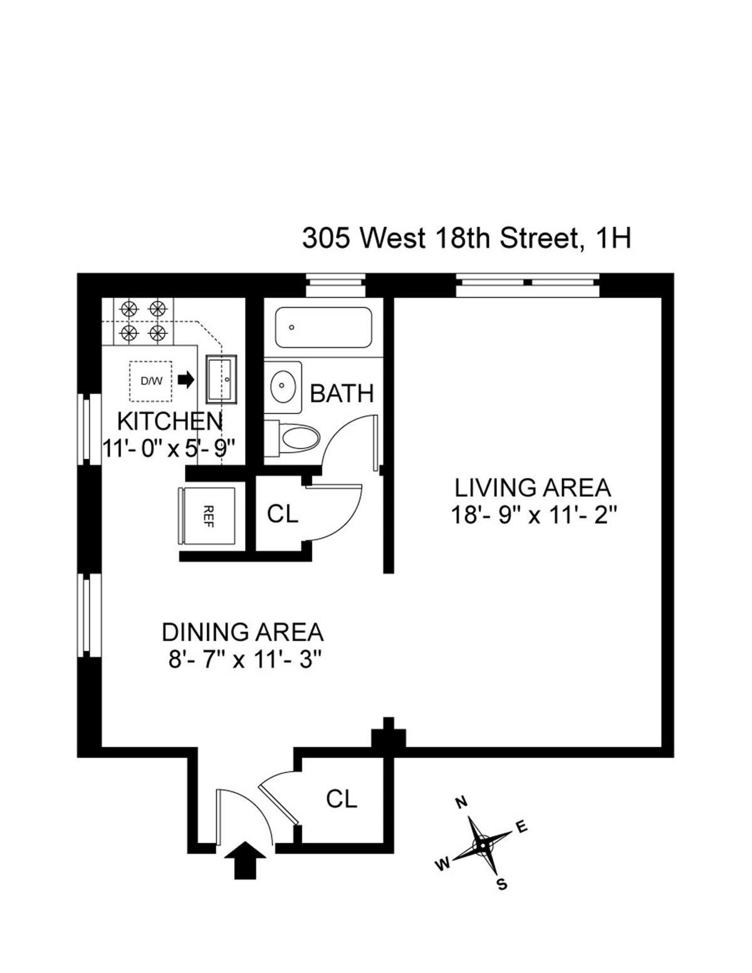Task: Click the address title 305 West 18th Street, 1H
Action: click(x=466, y=238)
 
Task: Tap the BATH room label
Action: click(x=342, y=393)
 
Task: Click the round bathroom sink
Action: click(x=285, y=387)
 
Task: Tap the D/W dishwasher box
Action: click(x=150, y=380)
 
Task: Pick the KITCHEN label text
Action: click(x=169, y=421)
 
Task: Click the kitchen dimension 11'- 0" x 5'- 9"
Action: click(x=169, y=449)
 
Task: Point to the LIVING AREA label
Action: click(x=532, y=487)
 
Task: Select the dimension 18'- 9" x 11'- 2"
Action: click(x=534, y=516)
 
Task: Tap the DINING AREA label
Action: click(x=243, y=632)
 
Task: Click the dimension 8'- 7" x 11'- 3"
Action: click(x=244, y=660)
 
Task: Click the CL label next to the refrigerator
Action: click(x=282, y=514)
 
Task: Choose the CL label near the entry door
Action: click(x=342, y=799)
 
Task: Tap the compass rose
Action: click(x=483, y=845)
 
